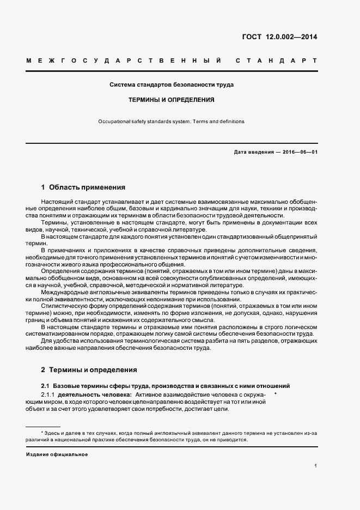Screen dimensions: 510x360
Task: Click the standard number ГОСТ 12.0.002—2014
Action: click(279, 37)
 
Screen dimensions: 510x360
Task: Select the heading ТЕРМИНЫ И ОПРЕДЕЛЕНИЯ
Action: click(172, 100)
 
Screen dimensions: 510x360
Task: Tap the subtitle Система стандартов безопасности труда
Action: click(172, 86)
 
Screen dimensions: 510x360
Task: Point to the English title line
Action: click(172, 122)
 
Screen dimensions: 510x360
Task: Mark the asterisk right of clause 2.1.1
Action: click(276, 393)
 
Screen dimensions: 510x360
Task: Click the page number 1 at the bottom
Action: click(316, 465)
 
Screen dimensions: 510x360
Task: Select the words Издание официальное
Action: click(57, 454)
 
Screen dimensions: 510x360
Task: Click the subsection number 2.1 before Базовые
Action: click(45, 385)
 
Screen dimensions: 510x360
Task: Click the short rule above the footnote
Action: click(43, 426)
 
